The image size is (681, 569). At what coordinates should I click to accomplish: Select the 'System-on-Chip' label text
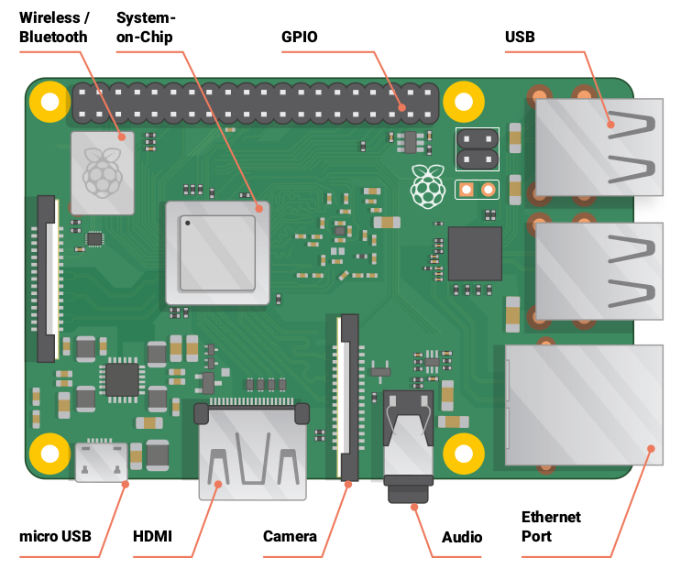click(146, 27)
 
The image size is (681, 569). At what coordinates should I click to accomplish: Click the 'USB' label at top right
click(520, 38)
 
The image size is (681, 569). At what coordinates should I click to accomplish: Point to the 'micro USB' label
click(55, 536)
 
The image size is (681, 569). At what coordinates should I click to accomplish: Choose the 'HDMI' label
click(152, 536)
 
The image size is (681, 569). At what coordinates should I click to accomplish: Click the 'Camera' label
click(290, 536)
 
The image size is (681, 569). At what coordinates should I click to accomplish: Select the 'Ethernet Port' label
click(551, 526)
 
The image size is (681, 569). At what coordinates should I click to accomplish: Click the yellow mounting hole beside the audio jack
click(464, 453)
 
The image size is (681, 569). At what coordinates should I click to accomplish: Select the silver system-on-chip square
click(217, 253)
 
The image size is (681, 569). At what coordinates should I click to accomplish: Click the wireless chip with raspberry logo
click(102, 172)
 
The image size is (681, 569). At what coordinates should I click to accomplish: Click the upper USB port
click(599, 147)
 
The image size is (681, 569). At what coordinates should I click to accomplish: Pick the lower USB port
click(599, 272)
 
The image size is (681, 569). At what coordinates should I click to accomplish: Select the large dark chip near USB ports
click(474, 254)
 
